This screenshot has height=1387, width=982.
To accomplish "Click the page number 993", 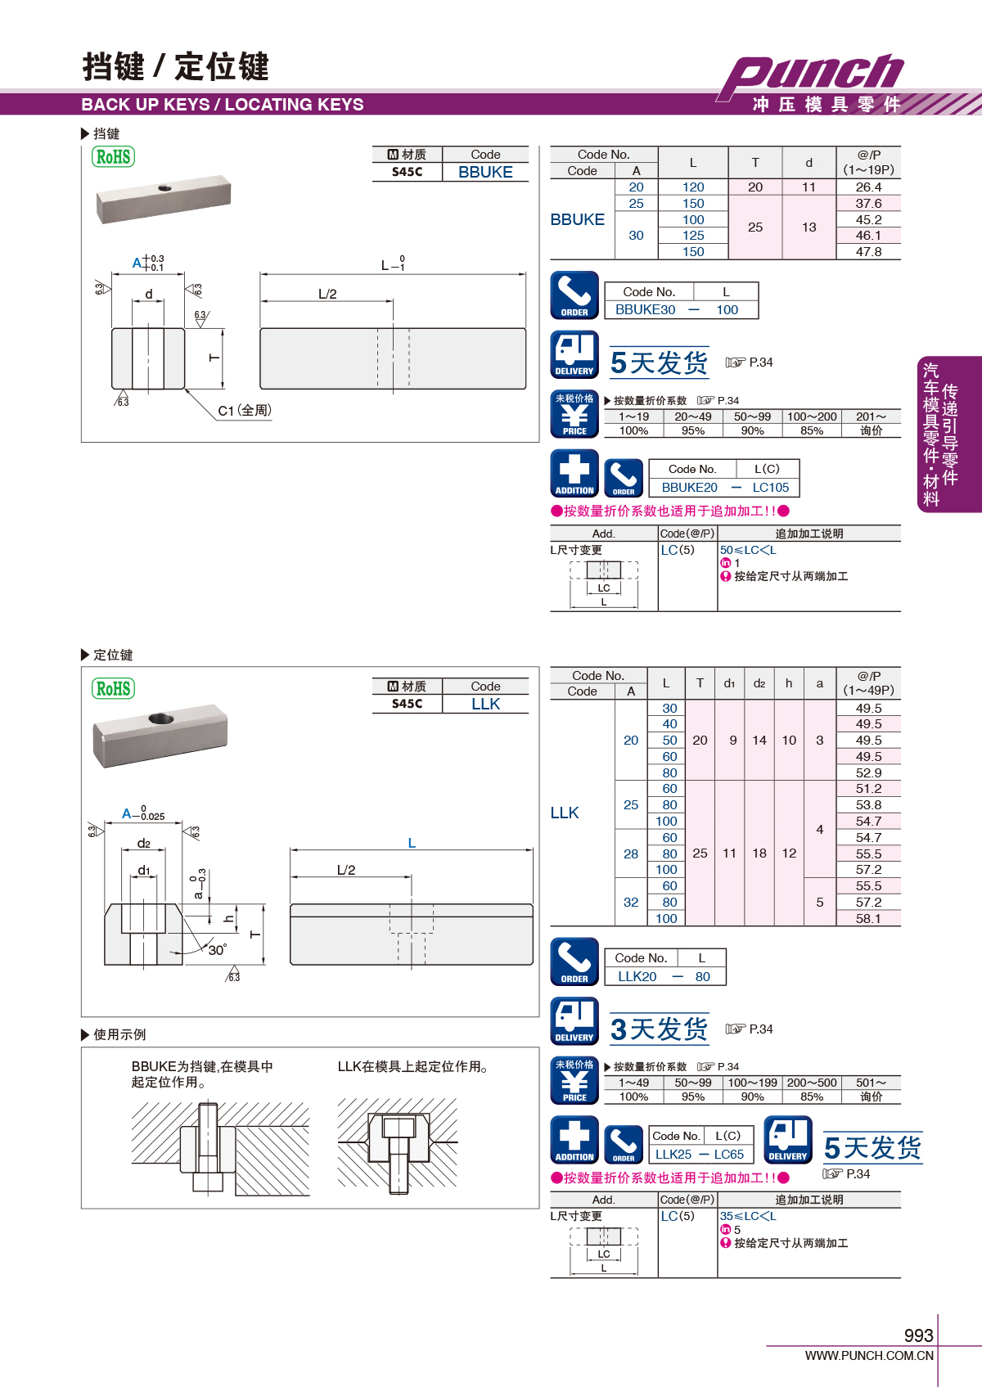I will pyautogui.click(x=918, y=1335).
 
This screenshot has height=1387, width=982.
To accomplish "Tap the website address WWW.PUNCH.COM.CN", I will pyautogui.click(x=869, y=1356).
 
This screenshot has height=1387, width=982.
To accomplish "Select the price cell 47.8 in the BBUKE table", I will pyautogui.click(x=868, y=252).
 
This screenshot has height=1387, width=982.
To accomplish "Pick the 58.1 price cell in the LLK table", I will pyautogui.click(x=868, y=918).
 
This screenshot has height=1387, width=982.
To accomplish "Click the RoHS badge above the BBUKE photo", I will pyautogui.click(x=114, y=156).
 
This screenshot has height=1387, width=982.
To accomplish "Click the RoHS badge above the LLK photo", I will pyautogui.click(x=114, y=688).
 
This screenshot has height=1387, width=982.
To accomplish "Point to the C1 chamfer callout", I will pyautogui.click(x=244, y=411).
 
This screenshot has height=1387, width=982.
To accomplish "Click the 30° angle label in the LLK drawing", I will pyautogui.click(x=217, y=950).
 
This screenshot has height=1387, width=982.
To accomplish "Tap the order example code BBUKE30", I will pyautogui.click(x=646, y=310).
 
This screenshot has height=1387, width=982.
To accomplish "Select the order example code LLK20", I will pyautogui.click(x=637, y=976).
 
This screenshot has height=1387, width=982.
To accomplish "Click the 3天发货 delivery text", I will pyautogui.click(x=659, y=1029).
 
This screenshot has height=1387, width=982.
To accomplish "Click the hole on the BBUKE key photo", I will pyautogui.click(x=164, y=188).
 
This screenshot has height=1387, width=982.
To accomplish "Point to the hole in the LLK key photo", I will pyautogui.click(x=160, y=719).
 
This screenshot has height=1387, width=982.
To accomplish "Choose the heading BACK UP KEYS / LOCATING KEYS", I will pyautogui.click(x=223, y=105).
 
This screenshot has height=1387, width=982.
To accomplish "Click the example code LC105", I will pyautogui.click(x=771, y=488).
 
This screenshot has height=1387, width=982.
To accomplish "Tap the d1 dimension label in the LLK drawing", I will pyautogui.click(x=144, y=871).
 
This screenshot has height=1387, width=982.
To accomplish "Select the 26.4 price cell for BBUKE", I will pyautogui.click(x=868, y=187).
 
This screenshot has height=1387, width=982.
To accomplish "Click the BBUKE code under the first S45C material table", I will pyautogui.click(x=485, y=173).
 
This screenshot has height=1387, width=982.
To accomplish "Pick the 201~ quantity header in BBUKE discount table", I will pyautogui.click(x=871, y=417).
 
